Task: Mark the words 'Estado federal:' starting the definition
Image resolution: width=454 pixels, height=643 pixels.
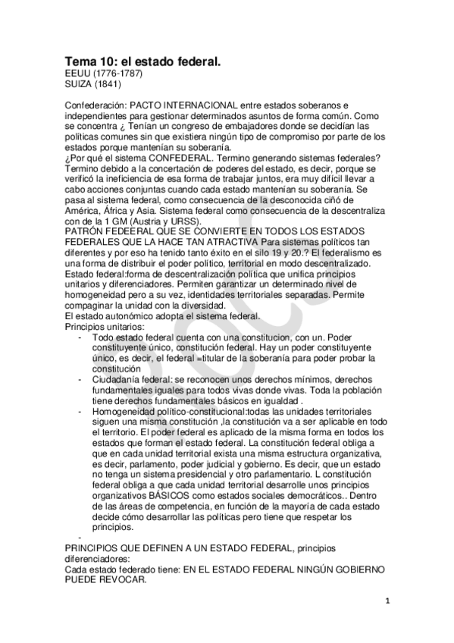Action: [95, 272]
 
